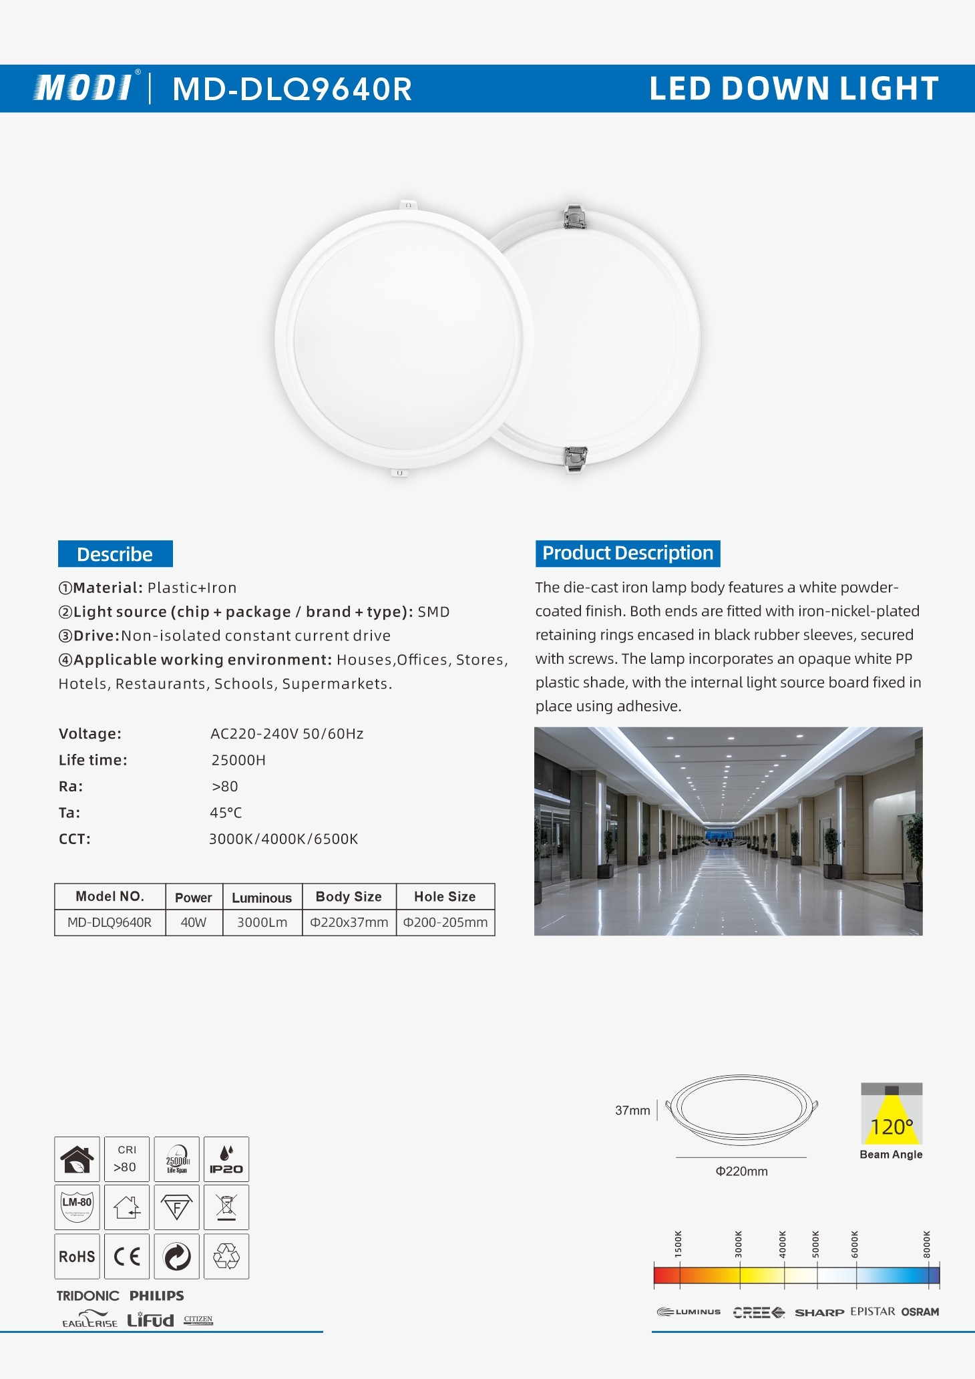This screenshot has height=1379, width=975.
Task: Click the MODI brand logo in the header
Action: [x=84, y=87]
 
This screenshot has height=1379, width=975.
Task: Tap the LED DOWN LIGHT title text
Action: [x=793, y=88]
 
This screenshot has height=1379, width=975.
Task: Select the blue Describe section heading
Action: [x=115, y=554]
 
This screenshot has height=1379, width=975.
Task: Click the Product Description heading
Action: [x=627, y=554]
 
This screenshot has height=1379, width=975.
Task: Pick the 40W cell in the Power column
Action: [x=194, y=922]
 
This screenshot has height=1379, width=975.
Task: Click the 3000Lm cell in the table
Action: [x=262, y=922]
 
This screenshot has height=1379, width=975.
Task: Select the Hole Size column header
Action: [x=445, y=897]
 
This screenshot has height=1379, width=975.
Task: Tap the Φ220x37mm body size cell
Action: [x=349, y=922]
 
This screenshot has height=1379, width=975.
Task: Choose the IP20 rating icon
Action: [x=226, y=1159]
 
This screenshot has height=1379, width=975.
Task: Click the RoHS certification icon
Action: [x=77, y=1256]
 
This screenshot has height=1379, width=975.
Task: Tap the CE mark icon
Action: [x=127, y=1256]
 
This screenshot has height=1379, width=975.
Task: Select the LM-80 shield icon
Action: [x=77, y=1207]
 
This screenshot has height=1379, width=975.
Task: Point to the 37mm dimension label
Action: [x=632, y=1111]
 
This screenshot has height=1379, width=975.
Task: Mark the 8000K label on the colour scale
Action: [x=927, y=1245]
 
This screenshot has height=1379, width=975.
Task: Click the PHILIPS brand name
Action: [x=157, y=1296]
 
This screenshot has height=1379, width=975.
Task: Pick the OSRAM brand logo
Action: [x=920, y=1312]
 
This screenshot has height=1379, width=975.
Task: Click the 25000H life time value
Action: [x=238, y=760]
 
